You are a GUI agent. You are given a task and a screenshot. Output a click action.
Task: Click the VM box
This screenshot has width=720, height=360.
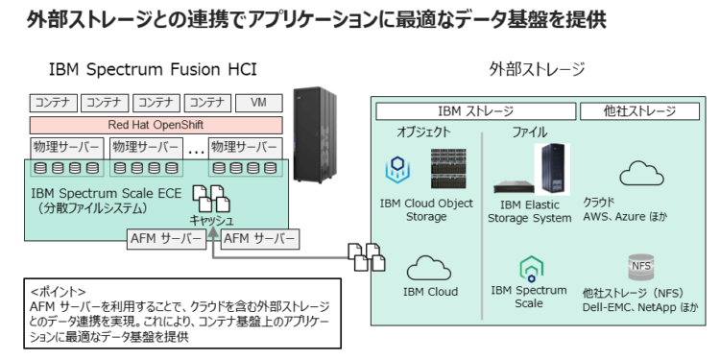coord(258,102)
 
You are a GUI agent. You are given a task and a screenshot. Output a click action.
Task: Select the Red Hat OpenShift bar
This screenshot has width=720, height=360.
coord(156,125)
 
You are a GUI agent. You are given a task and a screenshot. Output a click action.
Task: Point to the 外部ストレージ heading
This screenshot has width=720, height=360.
coord(537,69)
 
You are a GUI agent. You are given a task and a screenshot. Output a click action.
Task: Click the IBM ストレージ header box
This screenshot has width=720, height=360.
coord(475,110)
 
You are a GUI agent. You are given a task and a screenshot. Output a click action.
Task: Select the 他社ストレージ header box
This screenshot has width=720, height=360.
coord(640,110)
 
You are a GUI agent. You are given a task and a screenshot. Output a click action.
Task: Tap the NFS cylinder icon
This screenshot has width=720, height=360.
coord(640,266)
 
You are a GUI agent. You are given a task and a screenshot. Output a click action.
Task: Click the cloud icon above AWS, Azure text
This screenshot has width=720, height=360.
coord(636,174)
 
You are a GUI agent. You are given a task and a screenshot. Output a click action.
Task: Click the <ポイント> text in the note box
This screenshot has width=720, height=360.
coord(59,291)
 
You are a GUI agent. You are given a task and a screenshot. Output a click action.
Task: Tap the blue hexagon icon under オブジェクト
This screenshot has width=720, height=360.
coord(398,171)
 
